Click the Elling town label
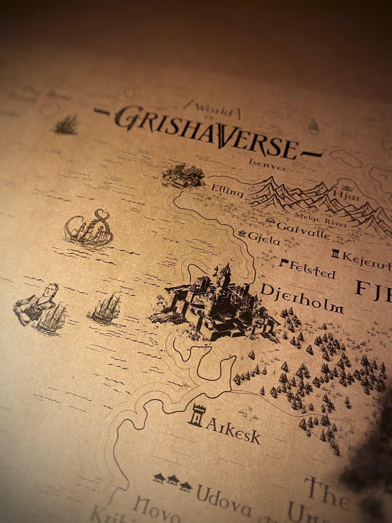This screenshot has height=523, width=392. click(227, 191)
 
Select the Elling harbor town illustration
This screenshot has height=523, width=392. click(183, 175)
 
